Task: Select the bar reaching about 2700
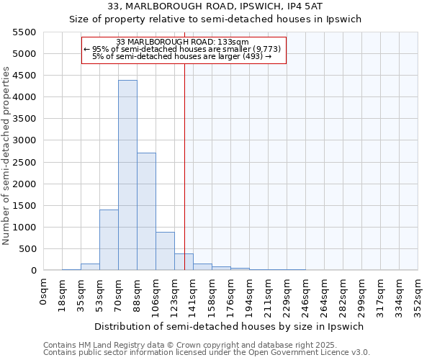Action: tap(146, 212)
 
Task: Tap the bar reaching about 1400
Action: tap(109, 240)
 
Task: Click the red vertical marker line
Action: tap(185, 166)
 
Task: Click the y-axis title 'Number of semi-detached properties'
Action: tap(6, 156)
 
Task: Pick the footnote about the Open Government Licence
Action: tap(207, 353)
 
